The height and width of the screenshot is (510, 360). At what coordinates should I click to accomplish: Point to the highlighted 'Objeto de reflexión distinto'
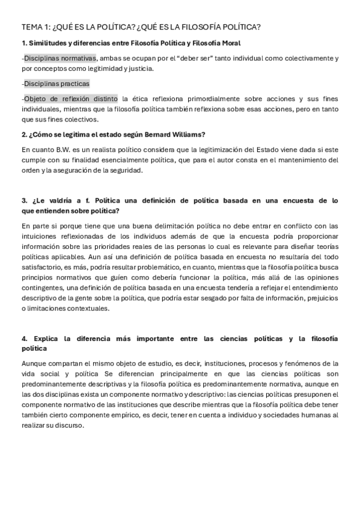71,99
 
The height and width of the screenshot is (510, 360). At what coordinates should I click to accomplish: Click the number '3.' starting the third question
25,200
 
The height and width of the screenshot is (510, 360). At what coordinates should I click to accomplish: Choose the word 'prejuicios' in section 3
322,298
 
